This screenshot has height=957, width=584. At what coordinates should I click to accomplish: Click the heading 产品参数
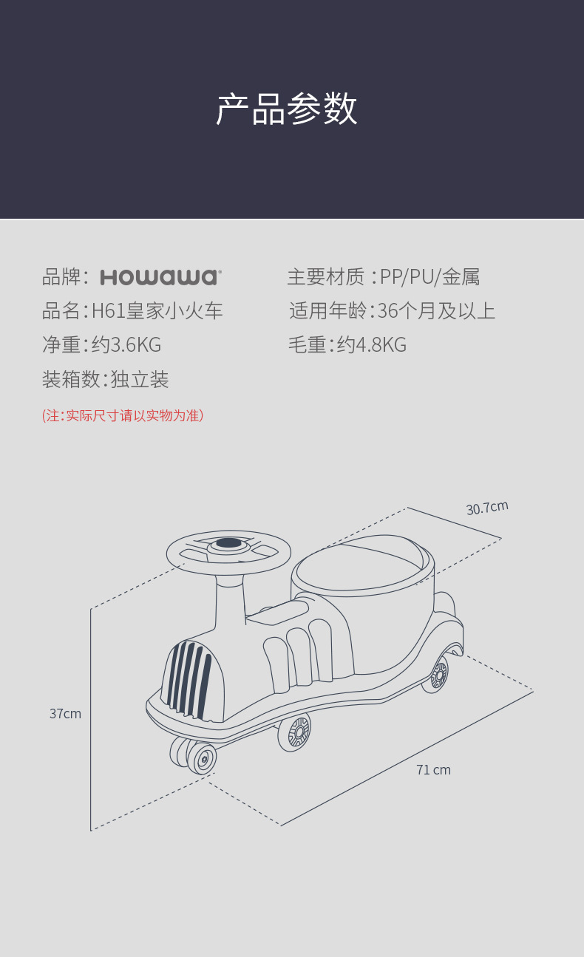tap(287, 109)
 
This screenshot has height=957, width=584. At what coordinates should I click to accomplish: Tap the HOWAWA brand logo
tap(160, 278)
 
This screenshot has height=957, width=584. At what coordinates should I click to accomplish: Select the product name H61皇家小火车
tap(157, 311)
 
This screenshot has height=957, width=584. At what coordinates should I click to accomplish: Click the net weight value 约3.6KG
tap(126, 345)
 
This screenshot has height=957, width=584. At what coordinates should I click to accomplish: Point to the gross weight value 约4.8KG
tap(372, 345)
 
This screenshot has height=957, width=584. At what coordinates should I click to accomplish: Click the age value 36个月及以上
tap(436, 311)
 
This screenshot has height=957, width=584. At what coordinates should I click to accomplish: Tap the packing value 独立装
tap(140, 380)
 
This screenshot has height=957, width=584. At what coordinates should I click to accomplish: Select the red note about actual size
tap(123, 415)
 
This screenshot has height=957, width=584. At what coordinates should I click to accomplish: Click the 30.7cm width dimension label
tap(487, 508)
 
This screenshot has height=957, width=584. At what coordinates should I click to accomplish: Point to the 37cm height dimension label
tap(65, 714)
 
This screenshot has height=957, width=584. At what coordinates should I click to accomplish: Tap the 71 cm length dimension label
tap(433, 770)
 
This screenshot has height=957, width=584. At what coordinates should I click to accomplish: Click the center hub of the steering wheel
tap(228, 544)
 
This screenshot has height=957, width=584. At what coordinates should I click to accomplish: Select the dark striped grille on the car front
tap(191, 681)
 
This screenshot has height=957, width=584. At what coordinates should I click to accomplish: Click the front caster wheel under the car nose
tap(201, 758)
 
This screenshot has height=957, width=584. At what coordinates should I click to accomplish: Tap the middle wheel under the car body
tap(298, 732)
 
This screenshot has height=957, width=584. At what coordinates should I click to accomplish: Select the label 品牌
tap(61, 278)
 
